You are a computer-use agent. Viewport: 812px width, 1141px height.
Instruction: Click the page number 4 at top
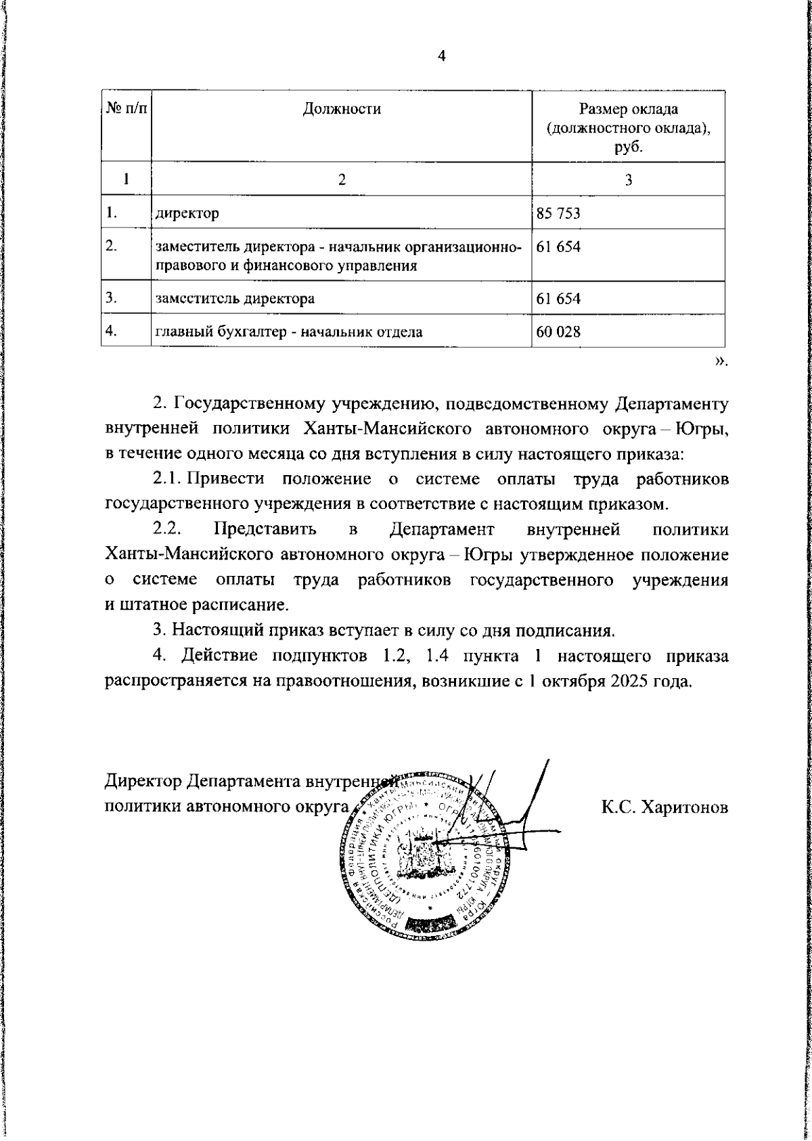pos(441,57)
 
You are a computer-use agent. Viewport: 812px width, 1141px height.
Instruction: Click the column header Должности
pos(341,109)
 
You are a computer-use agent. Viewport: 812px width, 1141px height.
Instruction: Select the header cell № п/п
pos(126,109)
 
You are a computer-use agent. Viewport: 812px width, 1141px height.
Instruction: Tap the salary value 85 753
pos(558,214)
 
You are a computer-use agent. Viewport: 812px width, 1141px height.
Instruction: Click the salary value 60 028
pos(558,332)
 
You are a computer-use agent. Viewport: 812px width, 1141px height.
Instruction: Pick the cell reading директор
pos(187,214)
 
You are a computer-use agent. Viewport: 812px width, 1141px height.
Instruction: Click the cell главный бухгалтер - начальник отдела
pos(289,332)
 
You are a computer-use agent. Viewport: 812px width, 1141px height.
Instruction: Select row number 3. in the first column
pos(113,297)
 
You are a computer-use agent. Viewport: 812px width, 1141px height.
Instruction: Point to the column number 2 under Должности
pos(341,179)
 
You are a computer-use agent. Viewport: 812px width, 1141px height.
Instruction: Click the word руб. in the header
pos(628,146)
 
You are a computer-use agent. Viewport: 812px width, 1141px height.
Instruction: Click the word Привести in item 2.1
pos(225,479)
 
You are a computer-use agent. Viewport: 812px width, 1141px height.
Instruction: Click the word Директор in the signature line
pos(143,782)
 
